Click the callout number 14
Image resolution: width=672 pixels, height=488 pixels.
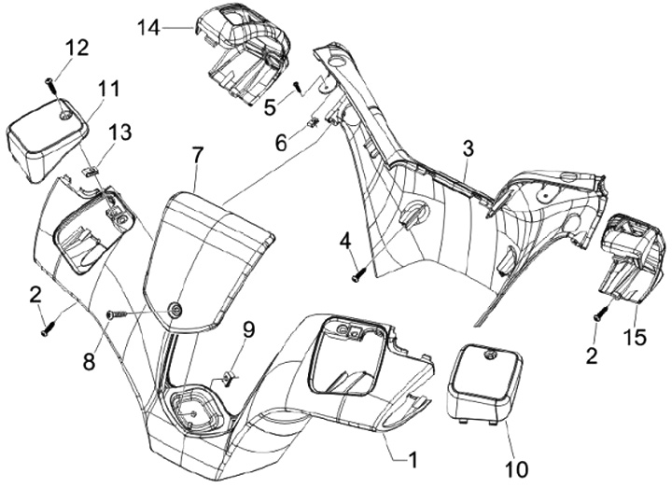[148, 28]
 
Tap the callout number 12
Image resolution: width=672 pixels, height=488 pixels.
[77, 48]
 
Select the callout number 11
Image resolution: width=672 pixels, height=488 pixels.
[108, 89]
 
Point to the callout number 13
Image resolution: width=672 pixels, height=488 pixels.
[120, 132]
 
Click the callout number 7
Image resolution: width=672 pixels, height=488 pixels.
[197, 156]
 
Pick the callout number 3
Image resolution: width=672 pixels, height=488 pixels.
[468, 148]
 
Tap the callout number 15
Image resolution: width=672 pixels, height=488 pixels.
[636, 338]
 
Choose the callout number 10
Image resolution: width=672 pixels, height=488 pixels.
[517, 469]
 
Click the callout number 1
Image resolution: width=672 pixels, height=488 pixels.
[413, 461]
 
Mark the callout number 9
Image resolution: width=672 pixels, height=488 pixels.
[248, 330]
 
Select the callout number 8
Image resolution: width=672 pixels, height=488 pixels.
[90, 362]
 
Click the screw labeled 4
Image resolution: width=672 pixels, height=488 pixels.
[359, 274]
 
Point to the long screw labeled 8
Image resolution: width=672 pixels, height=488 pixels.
[117, 315]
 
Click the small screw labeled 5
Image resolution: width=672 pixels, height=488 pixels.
[299, 88]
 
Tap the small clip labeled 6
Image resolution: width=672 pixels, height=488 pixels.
[314, 122]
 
